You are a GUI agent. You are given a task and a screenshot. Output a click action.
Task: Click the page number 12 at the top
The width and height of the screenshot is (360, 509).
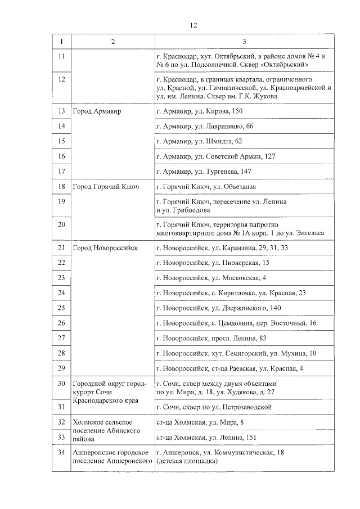coord(193,25)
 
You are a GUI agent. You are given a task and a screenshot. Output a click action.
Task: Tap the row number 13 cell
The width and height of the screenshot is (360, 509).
coord(62,111)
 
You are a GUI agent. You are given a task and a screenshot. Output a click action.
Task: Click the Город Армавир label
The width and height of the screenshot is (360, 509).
coord(97,111)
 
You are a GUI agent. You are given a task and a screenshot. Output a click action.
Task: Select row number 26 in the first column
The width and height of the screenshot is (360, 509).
coord(62,323)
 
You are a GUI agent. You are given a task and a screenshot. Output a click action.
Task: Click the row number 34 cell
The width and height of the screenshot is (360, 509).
coord(62,453)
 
